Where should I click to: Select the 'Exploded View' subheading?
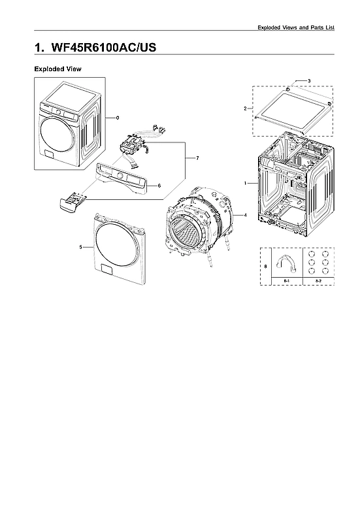tap(57, 69)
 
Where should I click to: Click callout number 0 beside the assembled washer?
tap(117, 118)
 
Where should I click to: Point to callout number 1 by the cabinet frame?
tap(246, 184)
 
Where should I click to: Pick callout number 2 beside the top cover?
tap(245, 108)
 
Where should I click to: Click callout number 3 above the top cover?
tap(308, 80)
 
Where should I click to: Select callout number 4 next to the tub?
tap(244, 215)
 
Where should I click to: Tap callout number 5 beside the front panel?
tap(80, 247)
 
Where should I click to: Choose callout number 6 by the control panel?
tap(159, 186)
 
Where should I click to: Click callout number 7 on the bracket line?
tap(188, 158)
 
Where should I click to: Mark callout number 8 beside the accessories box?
tap(265, 267)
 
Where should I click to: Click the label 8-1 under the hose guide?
tap(286, 280)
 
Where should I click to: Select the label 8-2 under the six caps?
tap(318, 280)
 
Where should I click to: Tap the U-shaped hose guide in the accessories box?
tap(286, 263)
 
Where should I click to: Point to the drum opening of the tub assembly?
tap(187, 235)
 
